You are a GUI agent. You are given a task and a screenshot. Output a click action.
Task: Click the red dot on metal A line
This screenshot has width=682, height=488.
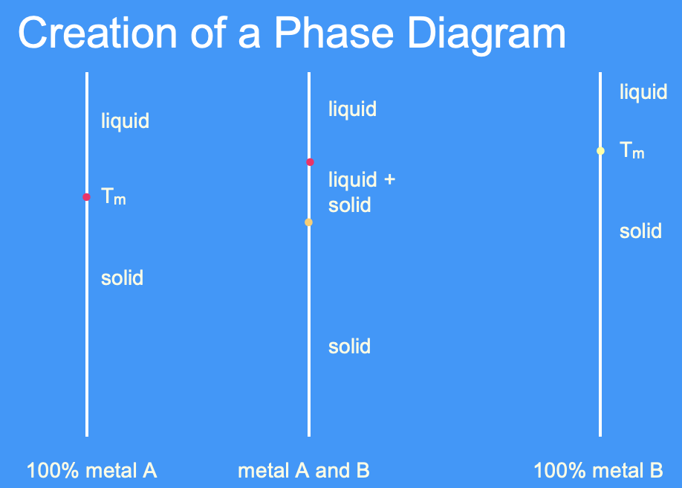pos(87,197)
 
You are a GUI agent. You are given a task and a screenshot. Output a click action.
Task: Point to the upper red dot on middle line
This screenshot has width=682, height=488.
pos(310,162)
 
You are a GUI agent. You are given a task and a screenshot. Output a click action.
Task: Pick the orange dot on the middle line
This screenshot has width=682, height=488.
pos(309,222)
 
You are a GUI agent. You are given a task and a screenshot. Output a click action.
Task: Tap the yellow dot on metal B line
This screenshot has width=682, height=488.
pos(600,151)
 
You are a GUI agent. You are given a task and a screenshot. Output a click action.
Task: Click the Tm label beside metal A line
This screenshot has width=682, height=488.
pos(113,197)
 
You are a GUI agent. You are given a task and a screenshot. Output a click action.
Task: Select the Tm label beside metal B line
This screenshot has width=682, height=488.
pos(632,151)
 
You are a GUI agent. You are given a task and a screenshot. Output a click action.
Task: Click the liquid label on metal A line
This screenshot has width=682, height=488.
pos(125,121)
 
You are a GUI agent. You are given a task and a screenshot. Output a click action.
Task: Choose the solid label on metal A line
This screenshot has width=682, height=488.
pos(122,278)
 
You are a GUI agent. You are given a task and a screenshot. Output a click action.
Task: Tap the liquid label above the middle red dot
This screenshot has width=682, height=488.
pos(352,110)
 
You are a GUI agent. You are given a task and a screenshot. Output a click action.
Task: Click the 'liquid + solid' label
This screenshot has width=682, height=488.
pos(361,192)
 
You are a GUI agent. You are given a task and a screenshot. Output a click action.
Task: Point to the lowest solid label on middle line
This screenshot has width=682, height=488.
pos(349,347)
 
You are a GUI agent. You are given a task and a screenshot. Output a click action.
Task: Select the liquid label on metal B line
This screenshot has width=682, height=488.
pos(643,93)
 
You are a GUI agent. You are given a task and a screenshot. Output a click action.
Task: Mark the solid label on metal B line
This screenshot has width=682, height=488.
pos(640,231)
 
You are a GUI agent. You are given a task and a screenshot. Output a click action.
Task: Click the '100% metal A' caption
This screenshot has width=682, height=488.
pos(91,471)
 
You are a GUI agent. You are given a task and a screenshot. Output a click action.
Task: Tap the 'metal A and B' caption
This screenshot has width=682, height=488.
pos(303,471)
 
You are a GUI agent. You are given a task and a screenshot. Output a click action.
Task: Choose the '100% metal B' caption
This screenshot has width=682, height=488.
pos(598,471)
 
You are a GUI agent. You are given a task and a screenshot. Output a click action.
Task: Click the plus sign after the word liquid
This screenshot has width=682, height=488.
pos(389,179)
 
